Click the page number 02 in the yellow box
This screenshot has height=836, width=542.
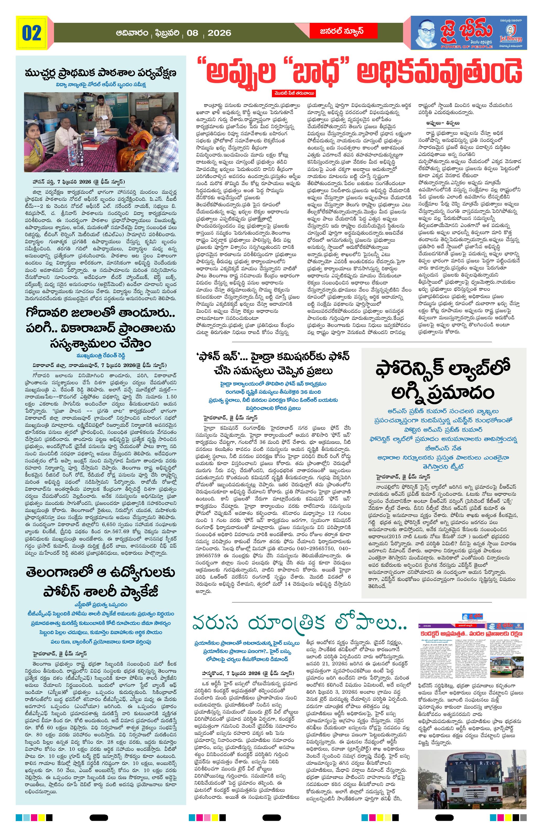click(x=32, y=33)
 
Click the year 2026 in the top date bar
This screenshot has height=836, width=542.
click(x=219, y=33)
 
